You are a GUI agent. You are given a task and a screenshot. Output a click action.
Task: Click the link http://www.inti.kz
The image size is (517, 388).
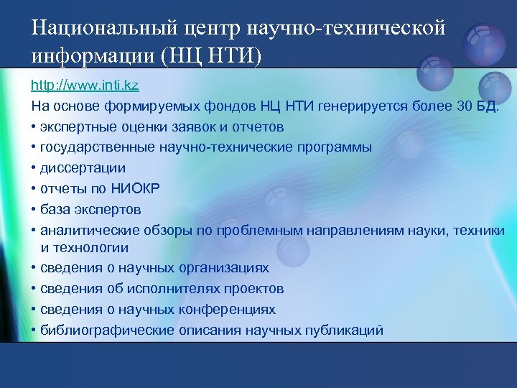(x=85, y=86)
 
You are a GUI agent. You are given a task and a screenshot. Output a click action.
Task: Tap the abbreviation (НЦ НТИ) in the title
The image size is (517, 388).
(x=216, y=55)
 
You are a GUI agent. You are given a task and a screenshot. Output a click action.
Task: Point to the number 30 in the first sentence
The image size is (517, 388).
(x=465, y=106)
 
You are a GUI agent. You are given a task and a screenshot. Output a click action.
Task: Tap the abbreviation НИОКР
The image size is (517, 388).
(x=136, y=189)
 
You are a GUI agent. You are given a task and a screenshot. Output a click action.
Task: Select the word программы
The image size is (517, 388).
(x=333, y=147)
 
